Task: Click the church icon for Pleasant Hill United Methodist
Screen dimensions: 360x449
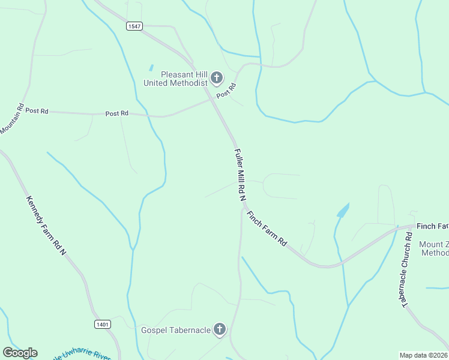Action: (x=216, y=78)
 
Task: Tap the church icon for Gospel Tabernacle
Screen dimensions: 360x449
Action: (x=220, y=329)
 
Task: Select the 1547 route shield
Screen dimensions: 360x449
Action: (x=134, y=26)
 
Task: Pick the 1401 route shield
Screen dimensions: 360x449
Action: (x=103, y=324)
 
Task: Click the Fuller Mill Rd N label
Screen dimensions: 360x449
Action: (x=240, y=175)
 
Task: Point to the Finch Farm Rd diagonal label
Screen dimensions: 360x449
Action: (x=266, y=228)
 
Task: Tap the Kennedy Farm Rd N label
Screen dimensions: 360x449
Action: (x=46, y=227)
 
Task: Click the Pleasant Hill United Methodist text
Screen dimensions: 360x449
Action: (x=175, y=79)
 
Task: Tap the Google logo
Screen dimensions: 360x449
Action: (x=20, y=353)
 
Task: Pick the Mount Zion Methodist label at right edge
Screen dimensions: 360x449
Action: (x=433, y=248)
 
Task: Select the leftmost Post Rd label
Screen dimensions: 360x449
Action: (x=37, y=110)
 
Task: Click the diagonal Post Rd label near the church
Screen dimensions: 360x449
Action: (x=226, y=91)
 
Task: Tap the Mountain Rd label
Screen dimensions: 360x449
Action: (x=11, y=119)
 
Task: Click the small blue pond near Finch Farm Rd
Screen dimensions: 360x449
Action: (x=343, y=211)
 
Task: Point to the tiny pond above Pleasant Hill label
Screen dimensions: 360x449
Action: (x=151, y=68)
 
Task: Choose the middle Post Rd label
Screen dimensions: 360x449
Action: (x=117, y=113)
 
